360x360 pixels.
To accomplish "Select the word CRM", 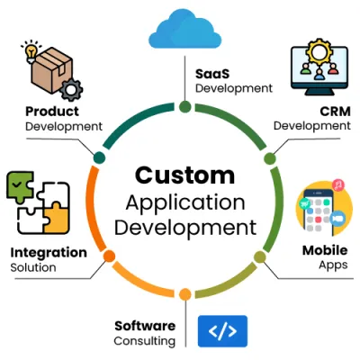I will point(334,111).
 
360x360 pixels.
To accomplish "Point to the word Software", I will point(143,325).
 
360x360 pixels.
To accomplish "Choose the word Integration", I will point(49,252).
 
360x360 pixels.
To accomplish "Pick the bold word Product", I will point(50,112).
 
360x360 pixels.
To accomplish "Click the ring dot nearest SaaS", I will point(184,106).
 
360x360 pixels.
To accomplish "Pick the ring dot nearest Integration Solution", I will point(109,256).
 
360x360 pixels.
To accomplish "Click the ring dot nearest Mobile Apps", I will point(260,256).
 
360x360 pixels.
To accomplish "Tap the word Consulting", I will point(144,341).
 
